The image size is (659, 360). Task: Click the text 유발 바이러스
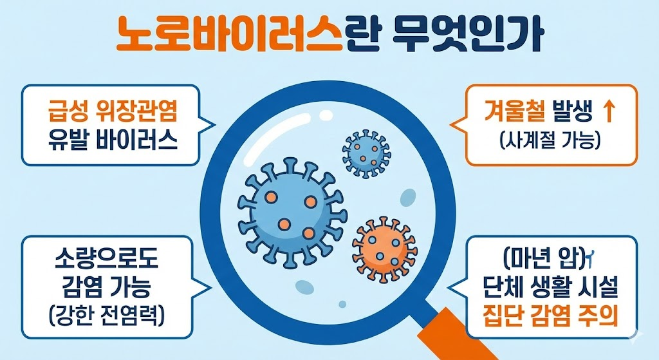click(x=112, y=139)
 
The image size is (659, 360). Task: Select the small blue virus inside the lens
click(x=365, y=149)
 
